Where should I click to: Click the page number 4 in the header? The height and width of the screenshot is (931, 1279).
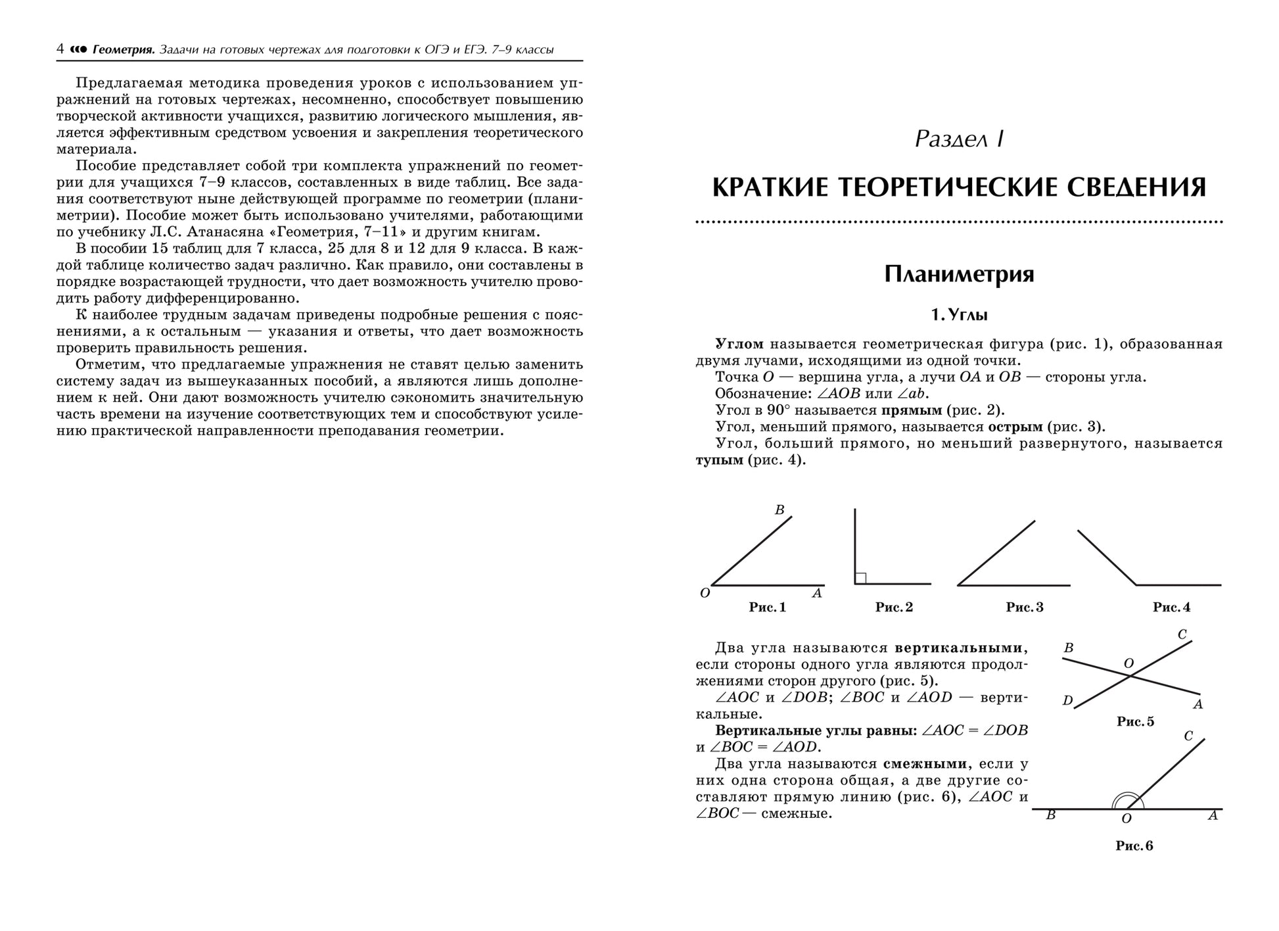click(x=60, y=49)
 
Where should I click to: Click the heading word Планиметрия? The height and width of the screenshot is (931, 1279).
click(x=959, y=274)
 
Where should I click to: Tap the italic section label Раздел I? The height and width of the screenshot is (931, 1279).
click(x=959, y=139)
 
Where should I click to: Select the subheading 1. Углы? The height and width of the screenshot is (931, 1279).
click(x=959, y=315)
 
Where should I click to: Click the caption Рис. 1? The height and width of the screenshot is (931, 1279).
click(x=767, y=608)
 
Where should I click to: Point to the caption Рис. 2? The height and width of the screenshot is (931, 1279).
click(x=894, y=608)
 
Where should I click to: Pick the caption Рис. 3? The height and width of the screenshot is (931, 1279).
click(x=1024, y=608)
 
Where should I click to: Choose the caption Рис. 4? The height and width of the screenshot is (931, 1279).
click(x=1171, y=608)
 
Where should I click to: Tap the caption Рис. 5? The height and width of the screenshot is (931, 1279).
click(x=1135, y=722)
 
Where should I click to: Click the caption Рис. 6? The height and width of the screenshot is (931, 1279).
click(x=1134, y=846)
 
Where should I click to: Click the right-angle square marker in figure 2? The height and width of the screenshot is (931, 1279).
click(x=860, y=578)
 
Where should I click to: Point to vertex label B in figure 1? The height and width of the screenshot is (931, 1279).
click(x=779, y=510)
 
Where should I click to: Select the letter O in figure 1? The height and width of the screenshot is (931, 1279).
click(x=705, y=594)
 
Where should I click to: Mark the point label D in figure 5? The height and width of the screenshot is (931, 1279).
click(x=1067, y=701)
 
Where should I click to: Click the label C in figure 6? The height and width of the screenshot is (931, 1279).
click(x=1188, y=736)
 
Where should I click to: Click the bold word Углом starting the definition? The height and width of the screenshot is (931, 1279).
click(x=739, y=344)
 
